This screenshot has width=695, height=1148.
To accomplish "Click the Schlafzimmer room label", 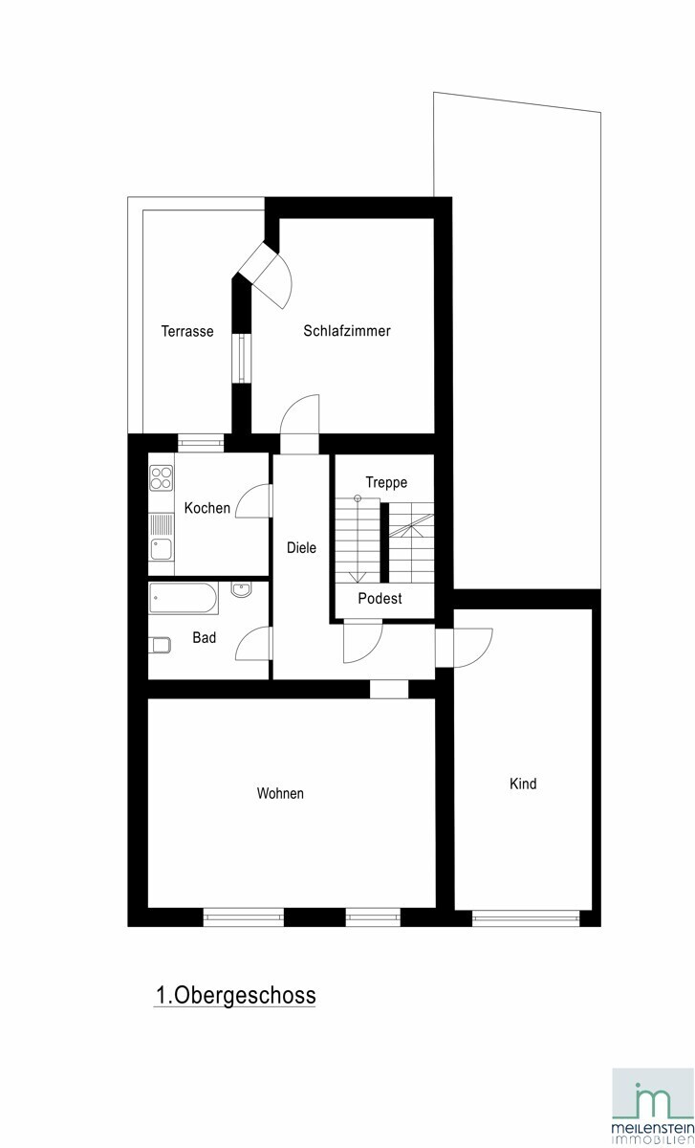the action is click(x=347, y=331).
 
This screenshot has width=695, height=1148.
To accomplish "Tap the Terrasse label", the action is click(x=187, y=331).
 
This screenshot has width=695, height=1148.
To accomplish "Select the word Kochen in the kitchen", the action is click(x=206, y=508).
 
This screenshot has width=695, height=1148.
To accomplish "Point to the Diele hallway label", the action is click(x=301, y=547).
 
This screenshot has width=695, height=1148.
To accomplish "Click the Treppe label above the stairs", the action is click(x=386, y=482).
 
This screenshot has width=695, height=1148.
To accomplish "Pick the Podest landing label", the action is click(x=380, y=598).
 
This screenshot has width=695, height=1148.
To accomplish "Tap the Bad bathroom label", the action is click(x=204, y=637).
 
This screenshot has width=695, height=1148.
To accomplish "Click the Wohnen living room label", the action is click(x=280, y=793).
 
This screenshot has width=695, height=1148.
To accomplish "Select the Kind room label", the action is click(x=523, y=784).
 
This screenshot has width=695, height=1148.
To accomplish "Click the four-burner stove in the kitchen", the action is click(x=162, y=477).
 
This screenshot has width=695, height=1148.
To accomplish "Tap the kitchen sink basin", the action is click(x=162, y=548).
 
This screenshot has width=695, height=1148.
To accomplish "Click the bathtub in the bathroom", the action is click(x=184, y=598).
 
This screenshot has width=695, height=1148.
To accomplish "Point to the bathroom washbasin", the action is click(x=241, y=590).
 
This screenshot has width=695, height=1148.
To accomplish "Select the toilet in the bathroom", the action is click(x=160, y=645).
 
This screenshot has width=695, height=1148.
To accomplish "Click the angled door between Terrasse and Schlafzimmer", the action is click(x=268, y=276).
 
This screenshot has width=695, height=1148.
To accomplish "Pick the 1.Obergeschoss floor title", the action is click(x=235, y=995).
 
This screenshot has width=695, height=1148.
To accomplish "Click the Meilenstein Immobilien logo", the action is click(x=653, y=1107).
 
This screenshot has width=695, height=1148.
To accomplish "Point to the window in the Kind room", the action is click(x=526, y=917).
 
